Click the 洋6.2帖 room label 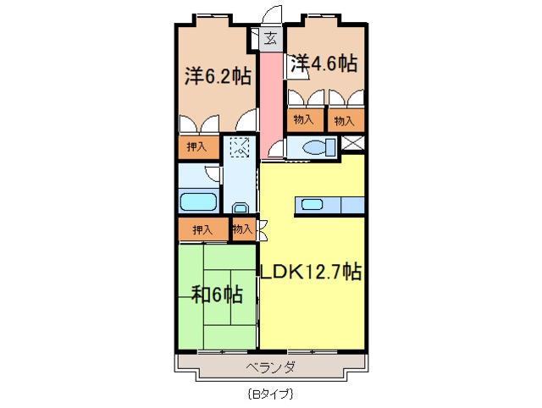click(x=218, y=76)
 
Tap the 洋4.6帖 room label click(x=324, y=63)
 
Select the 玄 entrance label click(x=270, y=38)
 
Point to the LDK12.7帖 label click(x=311, y=272)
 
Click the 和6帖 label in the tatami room click(x=217, y=295)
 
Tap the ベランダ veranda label click(x=271, y=367)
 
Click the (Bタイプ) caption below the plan click(x=271, y=394)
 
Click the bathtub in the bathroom click(x=198, y=202)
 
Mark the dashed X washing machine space click(x=241, y=147)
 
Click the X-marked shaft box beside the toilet click(x=355, y=144)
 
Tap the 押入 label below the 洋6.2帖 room click(x=196, y=147)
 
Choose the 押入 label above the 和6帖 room click(x=202, y=229)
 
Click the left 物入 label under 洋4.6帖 click(x=304, y=120)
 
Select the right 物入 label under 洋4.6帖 click(x=343, y=120)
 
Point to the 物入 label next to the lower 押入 click(x=242, y=229)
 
